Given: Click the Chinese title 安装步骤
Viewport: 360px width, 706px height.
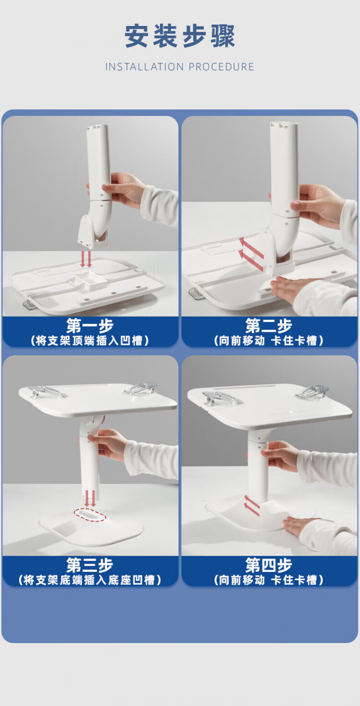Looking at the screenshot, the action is pyautogui.click(x=180, y=36).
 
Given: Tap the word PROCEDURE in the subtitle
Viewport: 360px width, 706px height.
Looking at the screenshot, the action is pyautogui.click(x=221, y=67).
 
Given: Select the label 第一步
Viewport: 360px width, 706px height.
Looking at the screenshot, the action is pyautogui.click(x=90, y=325).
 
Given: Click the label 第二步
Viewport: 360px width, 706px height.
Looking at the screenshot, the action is pyautogui.click(x=269, y=325).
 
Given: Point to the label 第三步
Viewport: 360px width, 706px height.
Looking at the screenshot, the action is pyautogui.click(x=90, y=565).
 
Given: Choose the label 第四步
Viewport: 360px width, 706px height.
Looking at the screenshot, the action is pyautogui.click(x=269, y=565).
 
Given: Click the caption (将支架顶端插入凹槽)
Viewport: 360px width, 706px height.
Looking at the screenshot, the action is pyautogui.click(x=90, y=341).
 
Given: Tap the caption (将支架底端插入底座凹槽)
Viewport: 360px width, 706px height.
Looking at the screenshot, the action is pyautogui.click(x=90, y=580).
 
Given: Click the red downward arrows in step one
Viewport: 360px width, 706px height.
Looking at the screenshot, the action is pyautogui.click(x=86, y=259).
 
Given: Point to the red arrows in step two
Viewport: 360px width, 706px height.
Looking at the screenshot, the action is pyautogui.click(x=251, y=254).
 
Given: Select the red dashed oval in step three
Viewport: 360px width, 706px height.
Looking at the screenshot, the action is pyautogui.click(x=90, y=515).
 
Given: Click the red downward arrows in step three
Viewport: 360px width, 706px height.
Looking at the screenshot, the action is pyautogui.click(x=90, y=498).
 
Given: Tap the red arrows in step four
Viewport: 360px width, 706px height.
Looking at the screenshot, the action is pyautogui.click(x=252, y=506).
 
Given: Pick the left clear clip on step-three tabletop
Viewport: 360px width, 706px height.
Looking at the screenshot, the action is pyautogui.click(x=47, y=392).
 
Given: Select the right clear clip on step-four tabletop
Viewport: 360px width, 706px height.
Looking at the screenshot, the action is pyautogui.click(x=312, y=392).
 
